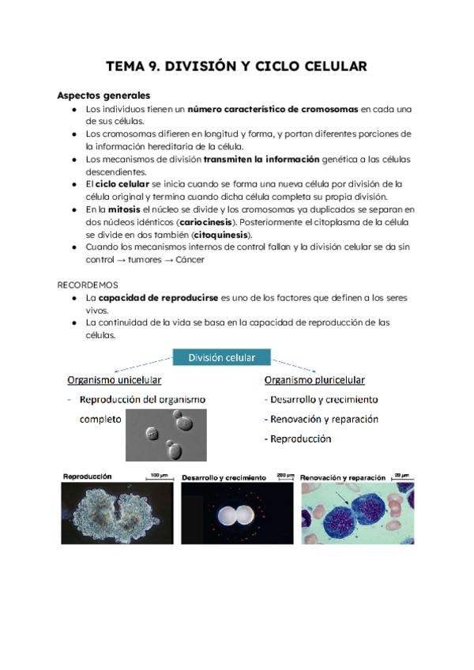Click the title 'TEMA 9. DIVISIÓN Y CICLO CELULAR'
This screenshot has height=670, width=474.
click(236, 66)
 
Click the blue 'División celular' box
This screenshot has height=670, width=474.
click(221, 358)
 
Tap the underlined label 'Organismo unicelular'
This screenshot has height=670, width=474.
click(115, 379)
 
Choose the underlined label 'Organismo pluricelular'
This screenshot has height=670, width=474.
click(314, 379)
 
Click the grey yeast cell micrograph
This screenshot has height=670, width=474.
click(166, 435)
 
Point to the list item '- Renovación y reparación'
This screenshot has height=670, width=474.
click(321, 419)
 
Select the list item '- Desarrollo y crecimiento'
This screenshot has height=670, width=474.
click(321, 400)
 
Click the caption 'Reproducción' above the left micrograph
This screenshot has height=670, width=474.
click(88, 476)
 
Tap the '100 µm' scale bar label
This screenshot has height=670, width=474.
click(158, 475)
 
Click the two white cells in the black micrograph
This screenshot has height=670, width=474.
click(236, 514)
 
